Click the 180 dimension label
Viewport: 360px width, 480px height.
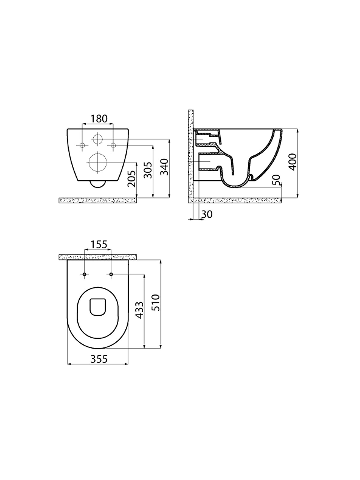[99, 118]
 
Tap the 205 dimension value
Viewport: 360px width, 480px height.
[132, 178]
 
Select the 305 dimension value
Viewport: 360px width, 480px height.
[148, 170]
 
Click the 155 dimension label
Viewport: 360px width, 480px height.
[99, 244]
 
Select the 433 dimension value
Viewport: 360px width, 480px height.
[139, 310]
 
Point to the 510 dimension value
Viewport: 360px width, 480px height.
[156, 303]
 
